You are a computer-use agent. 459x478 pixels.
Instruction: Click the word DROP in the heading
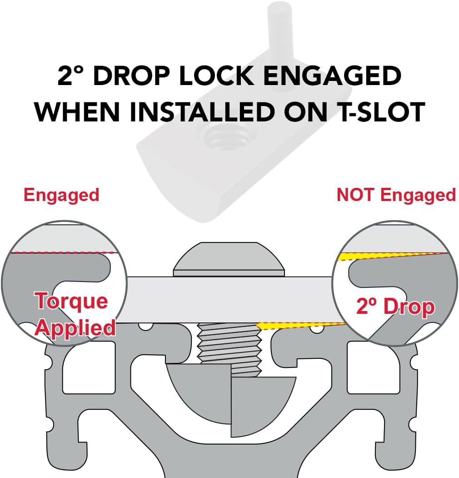[132, 75]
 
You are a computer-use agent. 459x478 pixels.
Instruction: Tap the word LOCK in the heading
[216, 75]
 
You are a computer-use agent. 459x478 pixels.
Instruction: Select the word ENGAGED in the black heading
[332, 75]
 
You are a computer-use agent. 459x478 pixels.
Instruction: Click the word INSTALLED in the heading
[202, 112]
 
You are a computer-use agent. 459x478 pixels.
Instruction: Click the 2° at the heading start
[70, 75]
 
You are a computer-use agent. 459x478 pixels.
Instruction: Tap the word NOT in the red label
[355, 195]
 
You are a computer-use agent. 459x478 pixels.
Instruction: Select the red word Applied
[75, 328]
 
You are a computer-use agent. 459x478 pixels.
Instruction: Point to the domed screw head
[229, 259]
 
